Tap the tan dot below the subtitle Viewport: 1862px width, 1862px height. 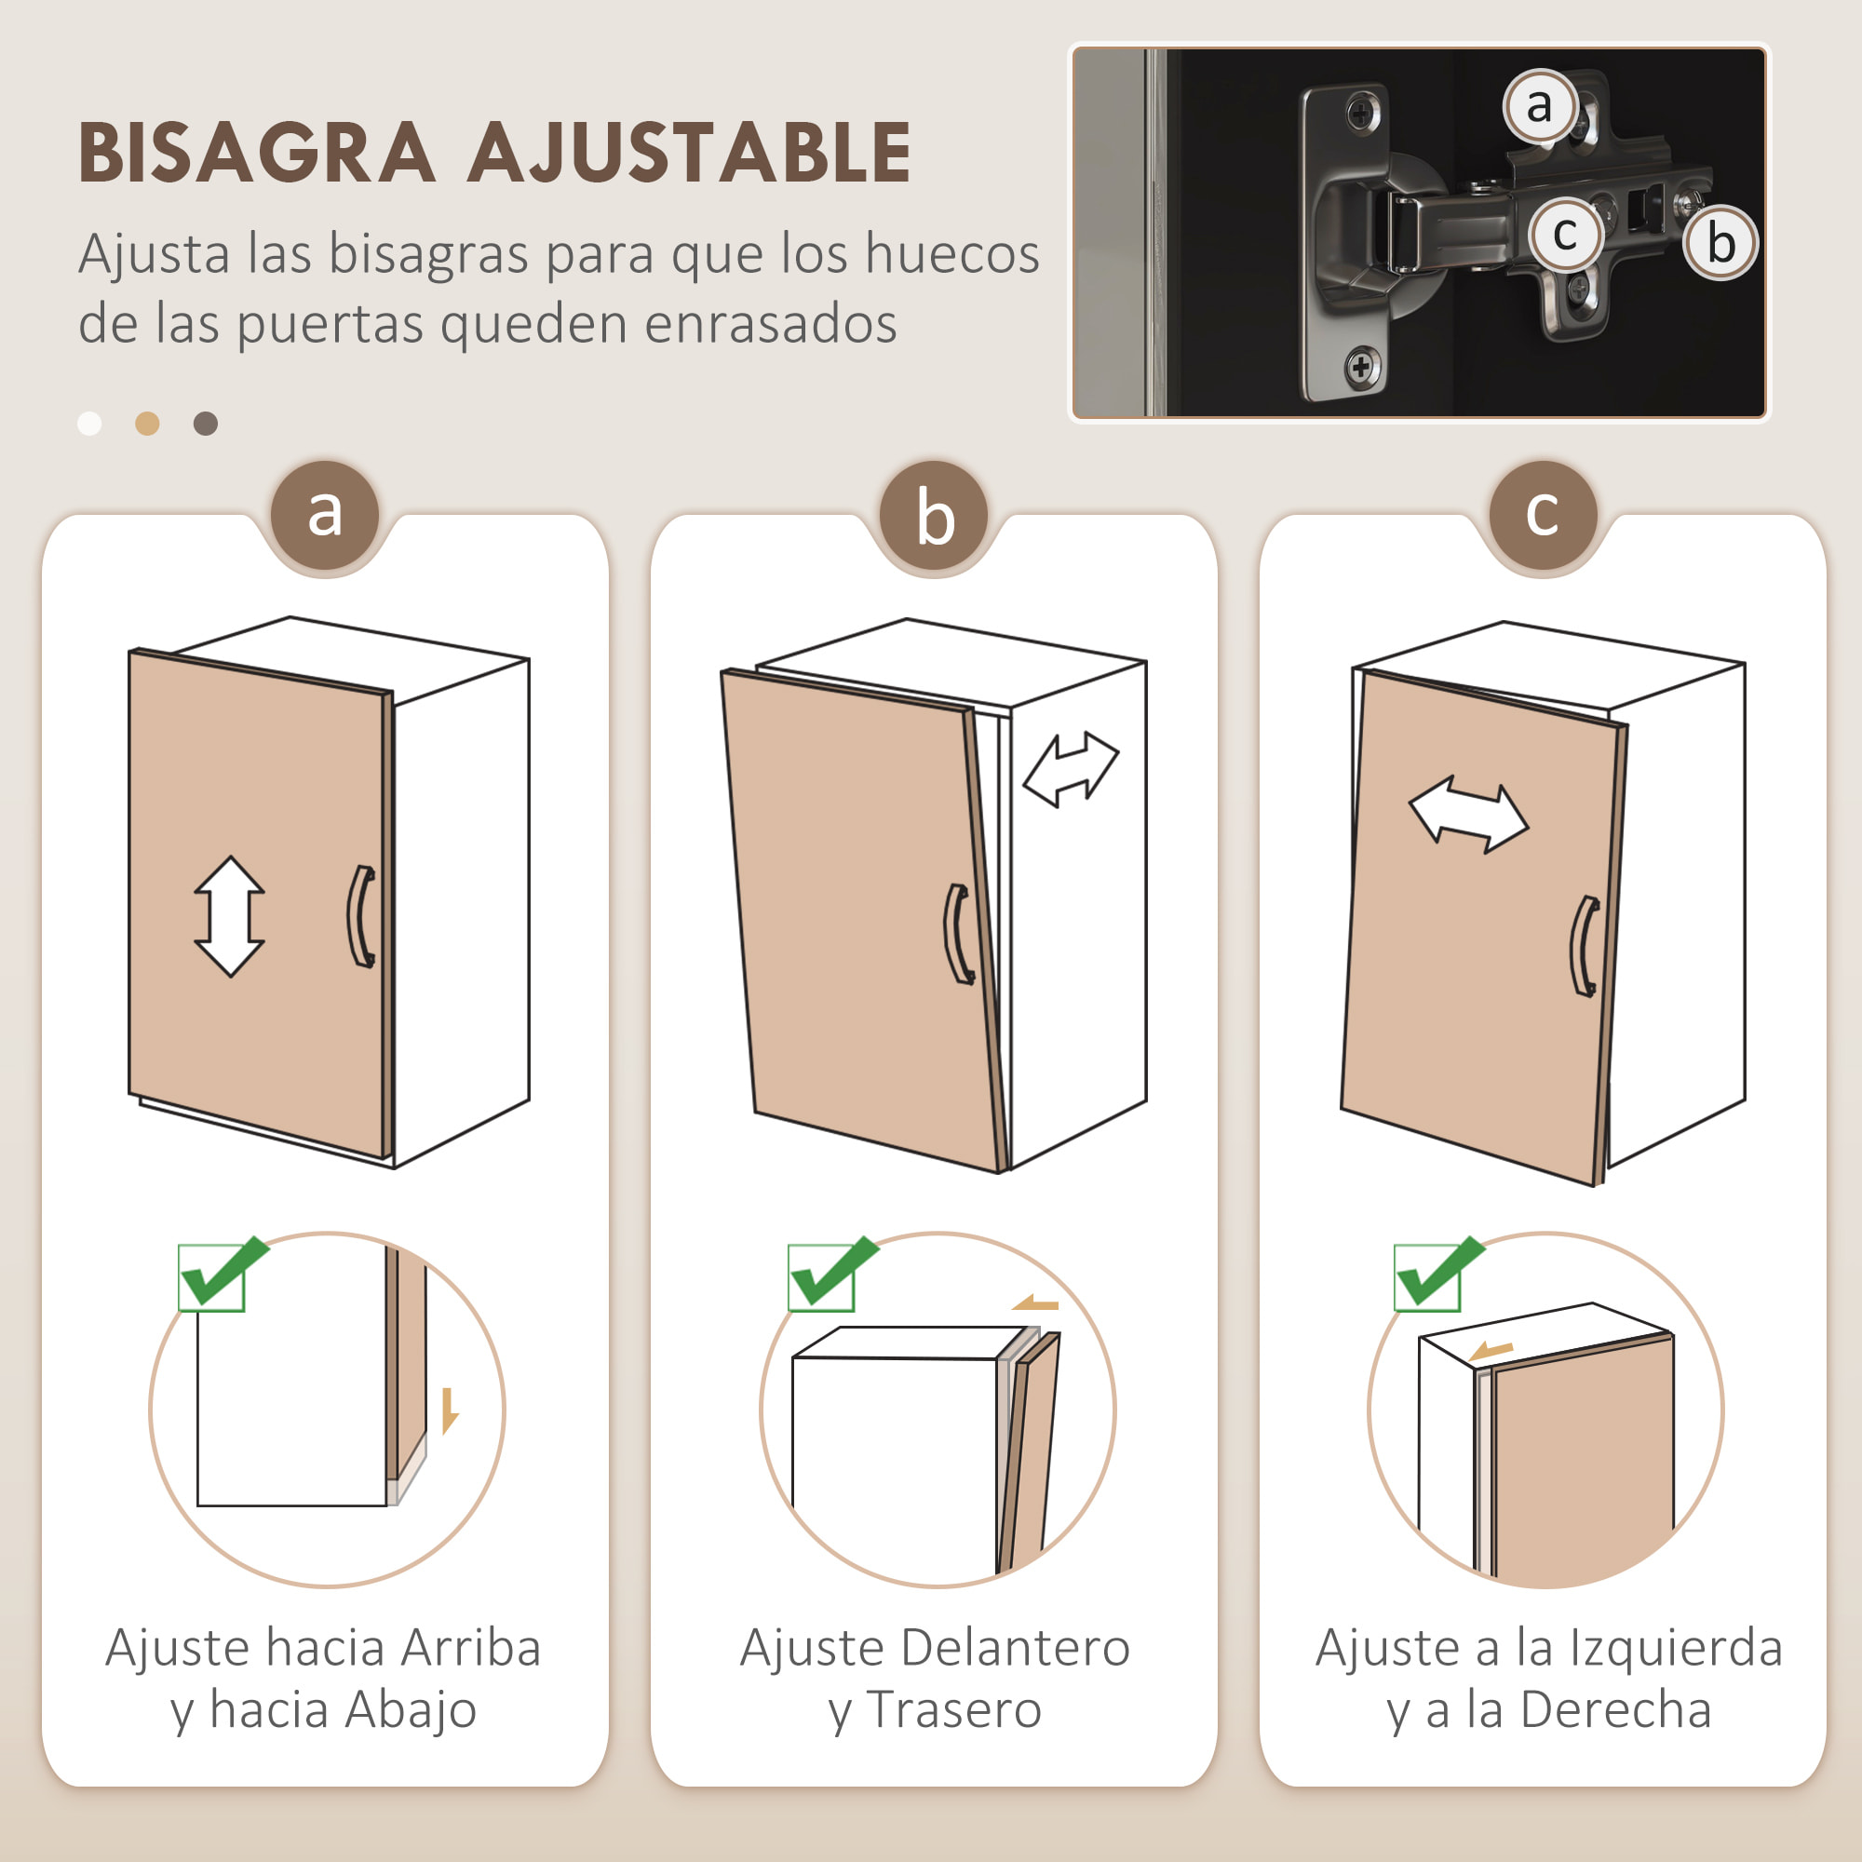click(x=147, y=423)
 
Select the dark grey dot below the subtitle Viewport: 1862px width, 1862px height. click(x=205, y=423)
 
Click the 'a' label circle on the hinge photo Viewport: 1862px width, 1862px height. click(x=1540, y=105)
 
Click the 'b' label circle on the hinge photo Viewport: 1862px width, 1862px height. click(x=1720, y=243)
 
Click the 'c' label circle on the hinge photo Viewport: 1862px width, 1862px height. click(x=1565, y=234)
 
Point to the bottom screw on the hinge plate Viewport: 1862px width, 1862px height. click(x=1361, y=366)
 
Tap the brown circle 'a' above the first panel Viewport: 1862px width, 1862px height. click(x=325, y=514)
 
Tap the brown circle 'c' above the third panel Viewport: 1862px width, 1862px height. click(x=1542, y=514)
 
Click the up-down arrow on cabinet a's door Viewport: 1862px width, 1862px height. click(x=229, y=915)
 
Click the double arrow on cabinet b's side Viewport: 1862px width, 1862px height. click(x=1071, y=768)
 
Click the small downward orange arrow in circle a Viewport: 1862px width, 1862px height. click(x=449, y=1411)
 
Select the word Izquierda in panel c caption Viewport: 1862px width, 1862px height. click(x=1676, y=1647)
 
